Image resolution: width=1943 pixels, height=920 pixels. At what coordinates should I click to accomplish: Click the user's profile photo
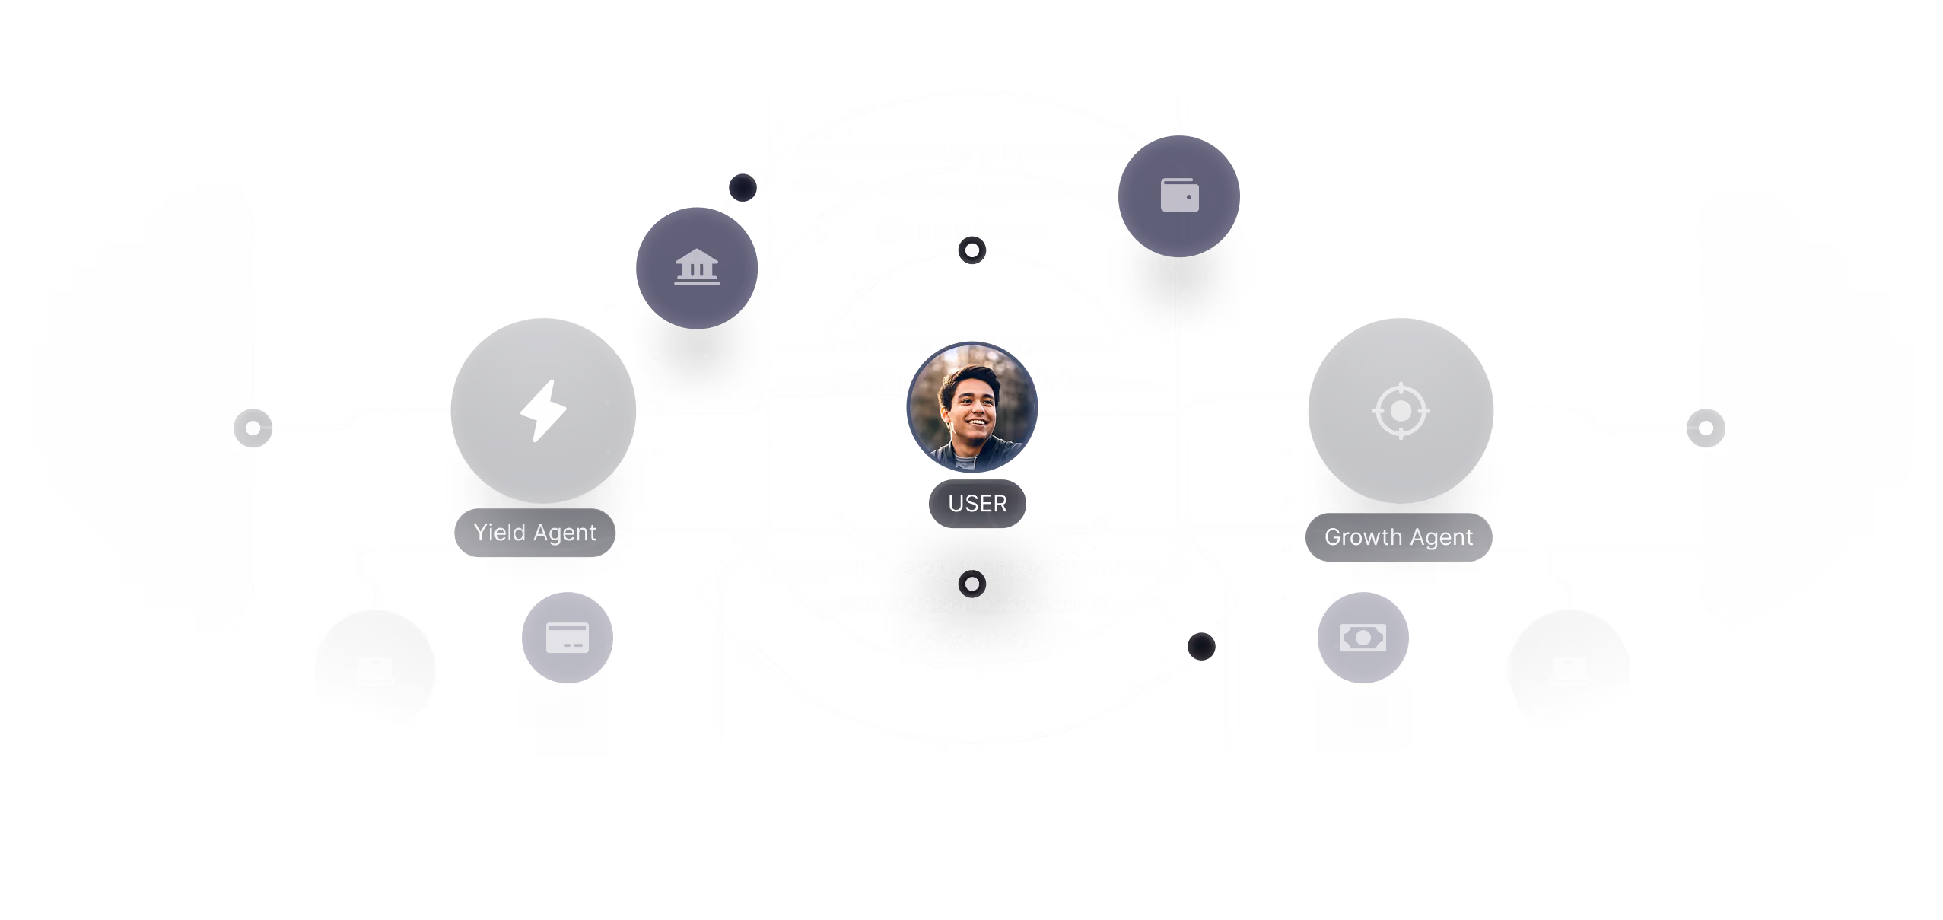pyautogui.click(x=971, y=406)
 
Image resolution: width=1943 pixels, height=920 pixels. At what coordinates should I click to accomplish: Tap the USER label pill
pyautogui.click(x=978, y=504)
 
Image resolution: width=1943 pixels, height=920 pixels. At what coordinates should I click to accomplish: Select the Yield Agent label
pyautogui.click(x=535, y=533)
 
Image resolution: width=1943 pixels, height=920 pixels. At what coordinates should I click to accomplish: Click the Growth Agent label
pyautogui.click(x=1398, y=537)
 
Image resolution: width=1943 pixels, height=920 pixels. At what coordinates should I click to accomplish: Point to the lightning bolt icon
pyautogui.click(x=542, y=411)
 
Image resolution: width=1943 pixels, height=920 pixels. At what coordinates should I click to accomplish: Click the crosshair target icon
pyautogui.click(x=1401, y=411)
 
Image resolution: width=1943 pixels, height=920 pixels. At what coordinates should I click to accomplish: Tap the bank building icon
pyautogui.click(x=697, y=267)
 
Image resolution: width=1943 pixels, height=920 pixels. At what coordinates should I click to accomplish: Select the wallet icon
pyautogui.click(x=1179, y=195)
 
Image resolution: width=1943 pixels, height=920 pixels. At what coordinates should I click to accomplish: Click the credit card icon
pyautogui.click(x=568, y=638)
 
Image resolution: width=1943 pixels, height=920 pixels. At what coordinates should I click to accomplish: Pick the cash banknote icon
pyautogui.click(x=1363, y=638)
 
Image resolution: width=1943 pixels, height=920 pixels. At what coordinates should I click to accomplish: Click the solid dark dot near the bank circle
pyautogui.click(x=743, y=187)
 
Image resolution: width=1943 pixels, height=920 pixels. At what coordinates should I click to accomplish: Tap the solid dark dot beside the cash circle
pyautogui.click(x=1201, y=647)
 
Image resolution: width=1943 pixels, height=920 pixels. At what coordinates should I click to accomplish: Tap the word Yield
pyautogui.click(x=499, y=533)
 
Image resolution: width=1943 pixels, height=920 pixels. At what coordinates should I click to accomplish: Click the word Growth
pyautogui.click(x=1363, y=537)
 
